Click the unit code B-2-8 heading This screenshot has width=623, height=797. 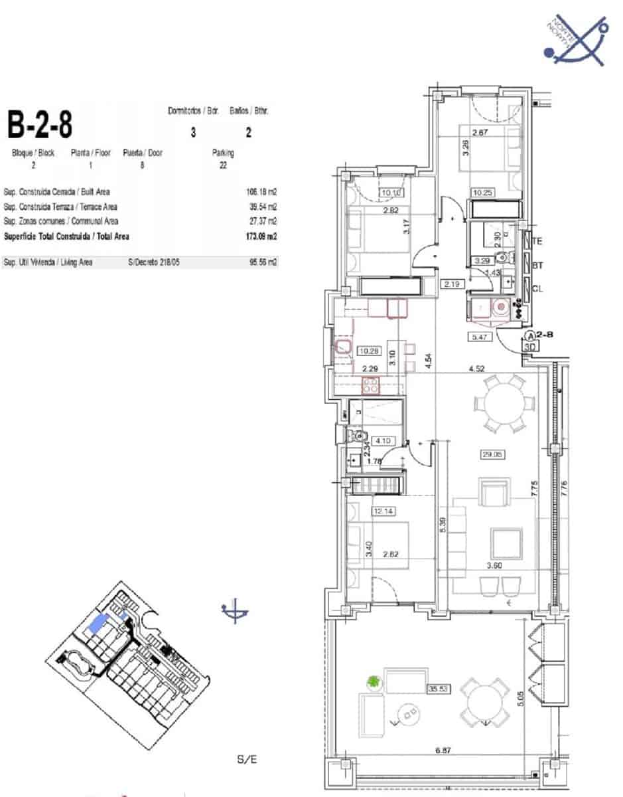pyautogui.click(x=39, y=125)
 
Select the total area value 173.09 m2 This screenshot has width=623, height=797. pyautogui.click(x=261, y=236)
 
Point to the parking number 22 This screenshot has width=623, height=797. pyautogui.click(x=222, y=165)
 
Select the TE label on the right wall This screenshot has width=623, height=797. pyautogui.click(x=537, y=242)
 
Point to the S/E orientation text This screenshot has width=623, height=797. pyautogui.click(x=246, y=758)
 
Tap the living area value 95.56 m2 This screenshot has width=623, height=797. pyautogui.click(x=263, y=262)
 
